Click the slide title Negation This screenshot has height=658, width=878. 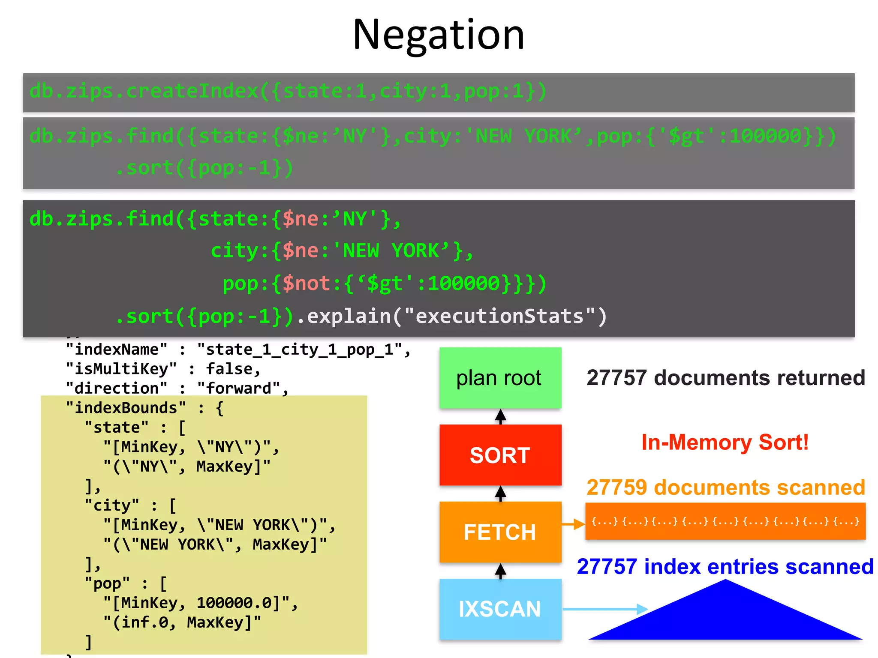438,35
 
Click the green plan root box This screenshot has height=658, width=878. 500,378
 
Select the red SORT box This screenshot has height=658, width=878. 500,455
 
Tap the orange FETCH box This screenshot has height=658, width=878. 500,532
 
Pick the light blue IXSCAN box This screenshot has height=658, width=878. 500,609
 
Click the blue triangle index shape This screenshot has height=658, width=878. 725,617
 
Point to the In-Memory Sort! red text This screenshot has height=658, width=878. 725,442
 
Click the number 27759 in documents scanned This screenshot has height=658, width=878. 616,488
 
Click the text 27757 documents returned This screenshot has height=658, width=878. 725,378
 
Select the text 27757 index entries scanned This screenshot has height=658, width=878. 725,566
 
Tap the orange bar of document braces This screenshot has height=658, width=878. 725,521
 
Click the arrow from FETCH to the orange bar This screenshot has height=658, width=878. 573,524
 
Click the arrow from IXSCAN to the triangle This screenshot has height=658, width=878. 604,609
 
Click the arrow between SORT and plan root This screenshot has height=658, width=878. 500,416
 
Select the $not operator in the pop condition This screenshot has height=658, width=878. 306,283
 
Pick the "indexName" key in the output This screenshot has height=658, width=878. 117,349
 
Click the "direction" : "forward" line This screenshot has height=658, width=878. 177,388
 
